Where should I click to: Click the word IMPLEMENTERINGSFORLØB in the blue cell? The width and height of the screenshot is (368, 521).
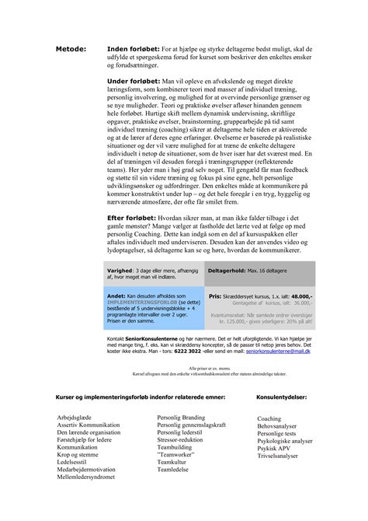point(137,302)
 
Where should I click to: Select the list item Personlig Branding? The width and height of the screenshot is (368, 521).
point(181,418)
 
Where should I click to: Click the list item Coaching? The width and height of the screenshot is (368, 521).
point(269,418)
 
